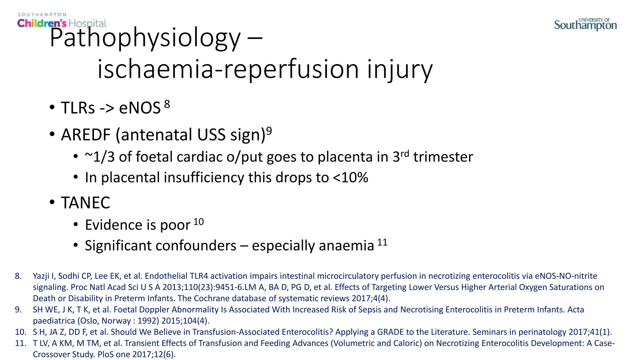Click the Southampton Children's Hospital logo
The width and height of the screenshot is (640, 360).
(62, 21)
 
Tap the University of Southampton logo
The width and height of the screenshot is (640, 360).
(585, 24)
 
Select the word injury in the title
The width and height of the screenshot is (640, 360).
(400, 69)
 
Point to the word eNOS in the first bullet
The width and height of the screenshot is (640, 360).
(140, 108)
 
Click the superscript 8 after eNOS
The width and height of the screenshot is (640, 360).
(167, 104)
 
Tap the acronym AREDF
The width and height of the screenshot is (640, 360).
(86, 135)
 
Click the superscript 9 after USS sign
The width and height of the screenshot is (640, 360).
(269, 131)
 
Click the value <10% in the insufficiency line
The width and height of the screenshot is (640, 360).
(350, 177)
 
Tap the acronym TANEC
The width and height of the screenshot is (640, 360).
(86, 203)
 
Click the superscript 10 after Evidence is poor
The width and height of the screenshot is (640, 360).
(198, 222)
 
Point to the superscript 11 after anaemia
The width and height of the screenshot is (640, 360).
(382, 242)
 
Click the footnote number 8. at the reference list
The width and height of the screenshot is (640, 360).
(18, 276)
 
